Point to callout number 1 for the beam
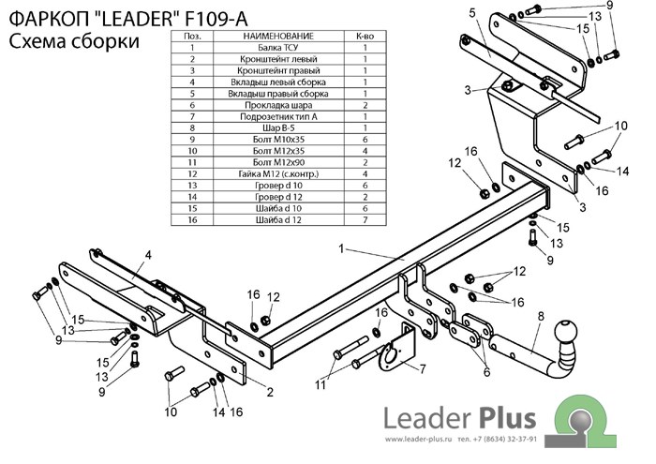(343, 248)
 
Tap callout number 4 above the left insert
(148, 255)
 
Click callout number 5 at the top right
(472, 13)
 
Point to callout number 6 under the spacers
(486, 372)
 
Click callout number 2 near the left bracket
(269, 392)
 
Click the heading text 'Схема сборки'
(74, 41)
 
